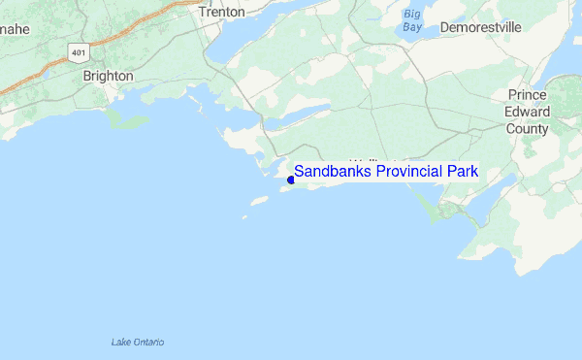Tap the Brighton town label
pyautogui.click(x=108, y=75)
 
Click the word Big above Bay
pyautogui.click(x=413, y=15)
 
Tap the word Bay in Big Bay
pyautogui.click(x=413, y=28)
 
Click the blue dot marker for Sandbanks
pyautogui.click(x=291, y=179)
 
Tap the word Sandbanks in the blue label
pyautogui.click(x=331, y=172)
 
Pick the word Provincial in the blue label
pyautogui.click(x=406, y=172)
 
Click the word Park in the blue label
pyautogui.click(x=463, y=172)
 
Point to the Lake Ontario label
pyautogui.click(x=138, y=342)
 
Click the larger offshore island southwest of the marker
pyautogui.click(x=258, y=201)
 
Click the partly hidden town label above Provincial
pyautogui.click(x=373, y=160)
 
